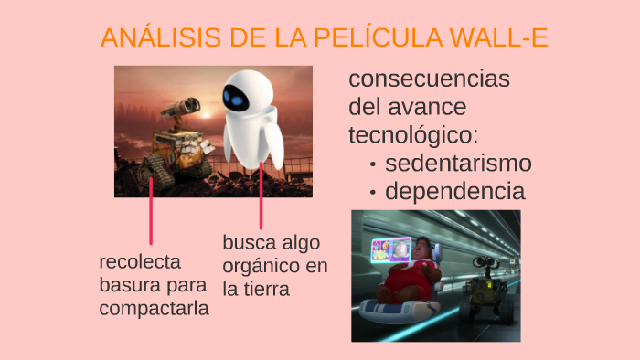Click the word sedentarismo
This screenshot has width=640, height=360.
(458, 164)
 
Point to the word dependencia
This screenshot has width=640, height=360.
(454, 192)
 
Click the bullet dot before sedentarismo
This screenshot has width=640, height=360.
(373, 165)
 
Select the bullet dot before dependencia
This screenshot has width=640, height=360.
(373, 194)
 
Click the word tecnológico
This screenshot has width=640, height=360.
(413, 135)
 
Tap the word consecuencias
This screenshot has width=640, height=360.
(429, 79)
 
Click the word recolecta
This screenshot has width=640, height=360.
(140, 262)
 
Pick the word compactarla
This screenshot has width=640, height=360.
(154, 309)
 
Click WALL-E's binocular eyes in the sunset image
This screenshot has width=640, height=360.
(184, 107)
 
